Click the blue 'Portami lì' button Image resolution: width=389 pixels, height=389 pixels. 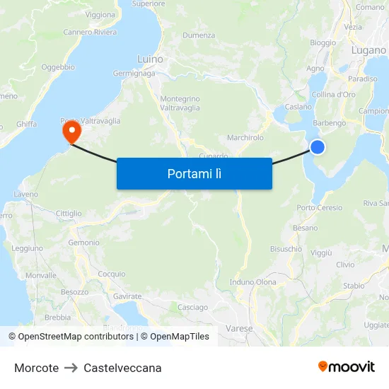[194, 173]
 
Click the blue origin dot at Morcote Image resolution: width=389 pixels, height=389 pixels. [318, 146]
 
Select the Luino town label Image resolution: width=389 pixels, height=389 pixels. [150, 59]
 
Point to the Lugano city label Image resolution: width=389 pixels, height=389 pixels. [368, 50]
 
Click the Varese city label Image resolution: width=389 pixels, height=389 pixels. [239, 329]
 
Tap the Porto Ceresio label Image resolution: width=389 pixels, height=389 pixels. [319, 208]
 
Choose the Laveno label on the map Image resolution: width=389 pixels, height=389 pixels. [25, 194]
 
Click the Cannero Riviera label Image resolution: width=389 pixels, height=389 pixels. [90, 32]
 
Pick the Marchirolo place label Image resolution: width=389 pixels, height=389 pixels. [245, 137]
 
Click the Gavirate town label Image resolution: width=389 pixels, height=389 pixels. [127, 296]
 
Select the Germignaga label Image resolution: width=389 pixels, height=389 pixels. [133, 74]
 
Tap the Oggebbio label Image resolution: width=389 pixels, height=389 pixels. [58, 67]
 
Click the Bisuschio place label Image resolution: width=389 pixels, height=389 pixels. [286, 249]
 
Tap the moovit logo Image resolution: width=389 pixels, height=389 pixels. [347, 366]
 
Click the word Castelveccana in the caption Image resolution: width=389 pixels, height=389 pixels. [122, 368]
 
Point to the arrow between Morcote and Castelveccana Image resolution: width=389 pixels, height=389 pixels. [71, 368]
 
